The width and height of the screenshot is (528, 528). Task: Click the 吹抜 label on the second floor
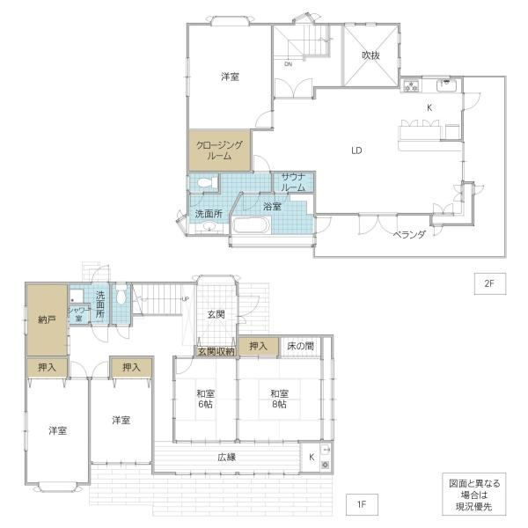(x=370, y=55)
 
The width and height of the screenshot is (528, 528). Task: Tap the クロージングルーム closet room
(x=219, y=150)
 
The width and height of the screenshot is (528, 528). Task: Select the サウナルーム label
(x=293, y=182)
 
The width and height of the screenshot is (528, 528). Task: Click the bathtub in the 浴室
(x=252, y=225)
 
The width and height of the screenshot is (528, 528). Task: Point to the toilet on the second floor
(x=208, y=183)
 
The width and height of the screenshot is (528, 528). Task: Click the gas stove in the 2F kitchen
(x=411, y=85)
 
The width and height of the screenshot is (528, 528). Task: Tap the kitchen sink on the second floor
(x=446, y=84)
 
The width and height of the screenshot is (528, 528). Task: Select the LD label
(x=356, y=150)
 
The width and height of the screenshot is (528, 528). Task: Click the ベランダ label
(x=409, y=235)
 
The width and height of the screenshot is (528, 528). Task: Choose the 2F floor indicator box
(x=490, y=283)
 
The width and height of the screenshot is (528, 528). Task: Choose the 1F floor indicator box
(x=362, y=504)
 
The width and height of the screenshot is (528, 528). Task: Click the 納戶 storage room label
(x=47, y=319)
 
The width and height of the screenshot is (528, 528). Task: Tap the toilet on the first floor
(x=121, y=296)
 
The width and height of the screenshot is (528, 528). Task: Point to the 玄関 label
(x=216, y=314)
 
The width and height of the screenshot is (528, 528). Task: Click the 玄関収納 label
(x=216, y=351)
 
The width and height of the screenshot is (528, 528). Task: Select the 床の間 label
(x=300, y=346)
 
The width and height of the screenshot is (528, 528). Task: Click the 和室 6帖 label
(x=205, y=399)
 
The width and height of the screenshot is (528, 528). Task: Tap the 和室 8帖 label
(x=280, y=399)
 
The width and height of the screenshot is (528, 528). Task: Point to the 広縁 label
(x=227, y=457)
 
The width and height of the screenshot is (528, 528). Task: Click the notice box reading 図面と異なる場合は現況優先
(x=474, y=494)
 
